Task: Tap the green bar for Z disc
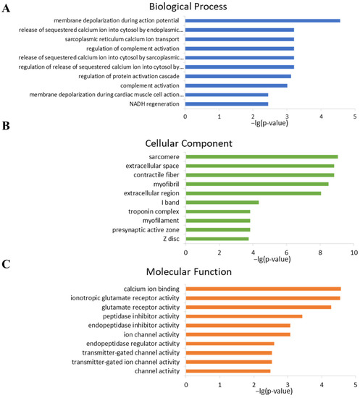click(x=217, y=239)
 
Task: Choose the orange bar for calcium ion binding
click(x=263, y=289)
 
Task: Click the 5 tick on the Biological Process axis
click(x=354, y=116)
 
